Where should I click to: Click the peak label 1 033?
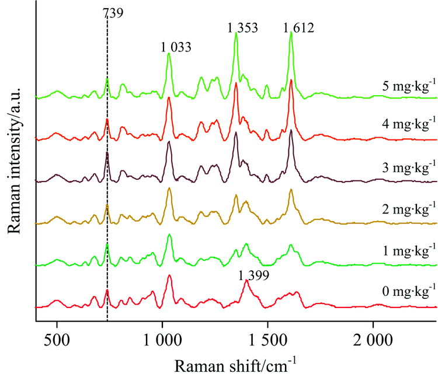176,47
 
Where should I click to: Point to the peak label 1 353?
242,27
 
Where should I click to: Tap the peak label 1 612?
299,27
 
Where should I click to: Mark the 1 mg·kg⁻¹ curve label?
406,252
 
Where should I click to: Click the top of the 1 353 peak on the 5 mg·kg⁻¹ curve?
236,33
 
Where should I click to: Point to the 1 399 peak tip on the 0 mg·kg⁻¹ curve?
246,281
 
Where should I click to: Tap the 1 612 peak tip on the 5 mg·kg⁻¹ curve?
291,32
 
